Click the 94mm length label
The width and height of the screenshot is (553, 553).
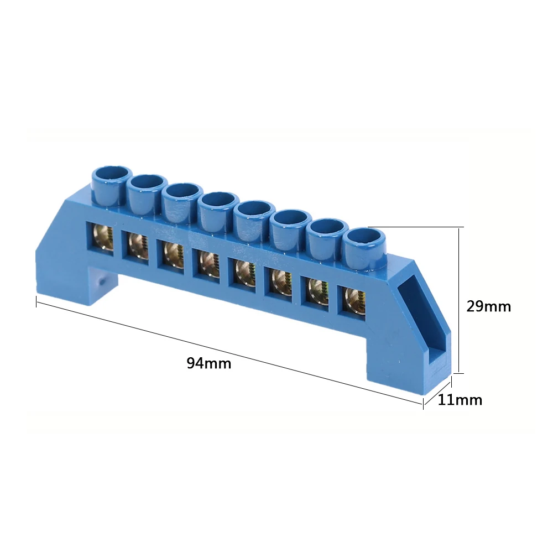tap(208, 363)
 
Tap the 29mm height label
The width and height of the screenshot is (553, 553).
tap(488, 306)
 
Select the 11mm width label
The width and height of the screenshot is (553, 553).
tap(460, 400)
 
